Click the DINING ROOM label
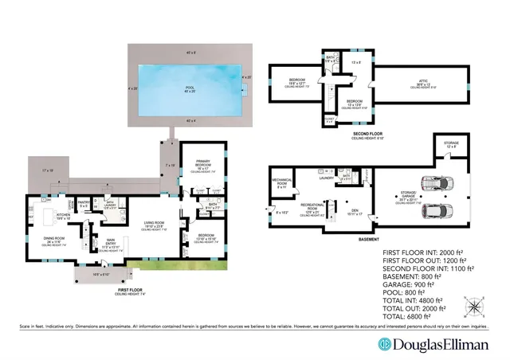tap(53, 239)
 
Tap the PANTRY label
tap(84, 202)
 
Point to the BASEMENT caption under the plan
tap(368, 238)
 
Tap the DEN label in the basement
tap(352, 211)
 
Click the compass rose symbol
tap(476, 305)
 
